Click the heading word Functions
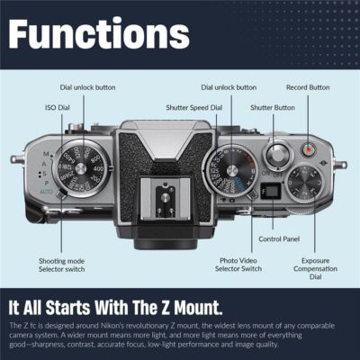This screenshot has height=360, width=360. point(99,33)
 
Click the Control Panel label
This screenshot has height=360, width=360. point(277,239)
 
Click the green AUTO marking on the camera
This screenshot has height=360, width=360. point(46,192)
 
